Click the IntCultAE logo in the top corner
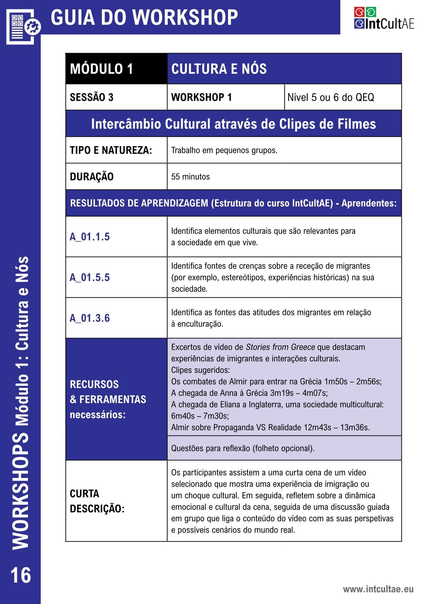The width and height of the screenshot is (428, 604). pyautogui.click(x=384, y=18)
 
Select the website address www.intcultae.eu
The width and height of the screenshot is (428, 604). pyautogui.click(x=378, y=589)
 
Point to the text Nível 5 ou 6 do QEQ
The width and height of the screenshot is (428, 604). pyautogui.click(x=330, y=98)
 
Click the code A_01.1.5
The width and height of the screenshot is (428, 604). pyautogui.click(x=90, y=237)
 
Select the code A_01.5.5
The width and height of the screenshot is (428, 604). pyautogui.click(x=90, y=277)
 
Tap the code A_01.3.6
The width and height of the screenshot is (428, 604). pyautogui.click(x=90, y=318)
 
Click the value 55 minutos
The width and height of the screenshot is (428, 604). pyautogui.click(x=191, y=177)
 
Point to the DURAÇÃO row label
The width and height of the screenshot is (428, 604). pyautogui.click(x=91, y=177)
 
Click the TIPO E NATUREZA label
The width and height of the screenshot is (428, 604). pyautogui.click(x=111, y=151)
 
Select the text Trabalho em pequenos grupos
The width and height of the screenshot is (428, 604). pyautogui.click(x=224, y=151)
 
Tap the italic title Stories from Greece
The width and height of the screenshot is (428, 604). pyautogui.click(x=280, y=347)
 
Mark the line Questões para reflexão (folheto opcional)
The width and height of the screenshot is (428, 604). pyautogui.click(x=243, y=448)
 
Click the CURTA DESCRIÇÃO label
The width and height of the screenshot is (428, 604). pyautogui.click(x=97, y=501)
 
